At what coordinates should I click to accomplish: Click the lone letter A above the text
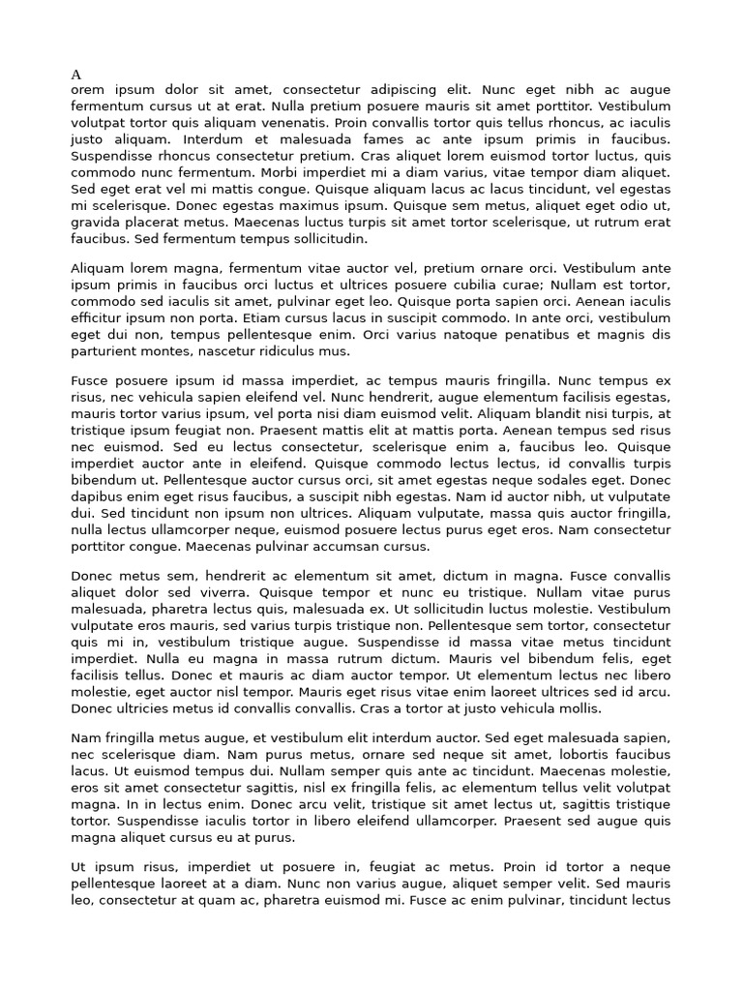[76, 75]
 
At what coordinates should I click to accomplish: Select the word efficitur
[98, 318]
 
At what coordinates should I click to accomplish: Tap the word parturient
[104, 351]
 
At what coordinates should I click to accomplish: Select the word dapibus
[99, 495]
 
